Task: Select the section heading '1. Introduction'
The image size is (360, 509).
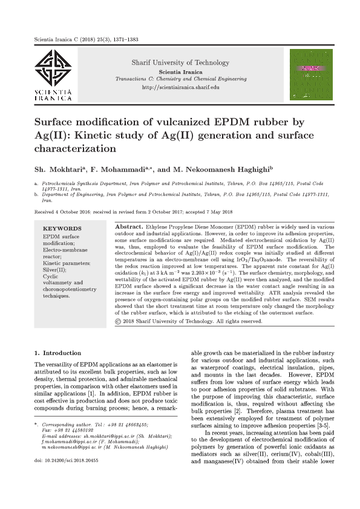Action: pyautogui.click(x=58, y=353)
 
